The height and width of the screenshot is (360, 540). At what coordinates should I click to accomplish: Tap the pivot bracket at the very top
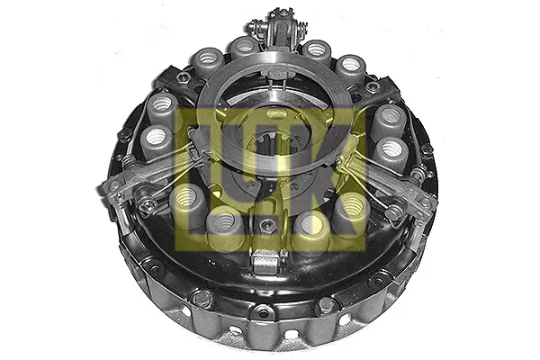click(x=280, y=27)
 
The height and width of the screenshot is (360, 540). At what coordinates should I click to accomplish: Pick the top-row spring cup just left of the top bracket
click(x=245, y=48)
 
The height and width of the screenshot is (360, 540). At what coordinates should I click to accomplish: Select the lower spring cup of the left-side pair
click(x=156, y=141)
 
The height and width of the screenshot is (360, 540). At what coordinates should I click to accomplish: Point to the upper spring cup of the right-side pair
click(x=390, y=120)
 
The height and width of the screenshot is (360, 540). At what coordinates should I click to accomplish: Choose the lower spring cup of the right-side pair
click(x=391, y=152)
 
